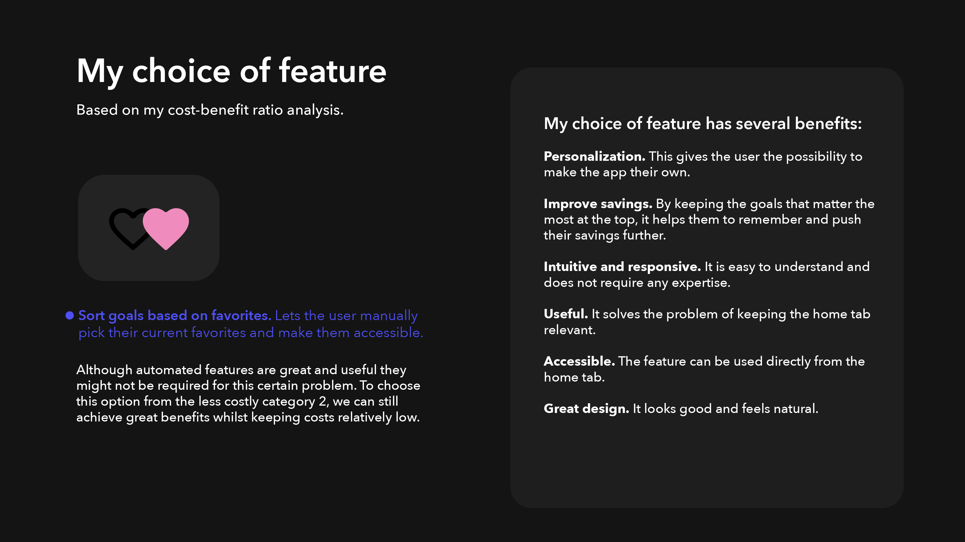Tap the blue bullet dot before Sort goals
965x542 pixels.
click(x=70, y=316)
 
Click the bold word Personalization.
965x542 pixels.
click(x=595, y=156)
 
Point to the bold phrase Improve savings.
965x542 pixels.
click(x=598, y=204)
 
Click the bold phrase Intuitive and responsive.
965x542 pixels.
click(x=622, y=267)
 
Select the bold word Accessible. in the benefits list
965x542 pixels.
click(x=580, y=361)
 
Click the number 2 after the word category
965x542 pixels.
click(x=322, y=402)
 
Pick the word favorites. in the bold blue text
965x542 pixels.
click(x=241, y=316)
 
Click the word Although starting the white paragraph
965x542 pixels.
click(x=104, y=370)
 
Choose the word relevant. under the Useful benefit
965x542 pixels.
click(x=569, y=330)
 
